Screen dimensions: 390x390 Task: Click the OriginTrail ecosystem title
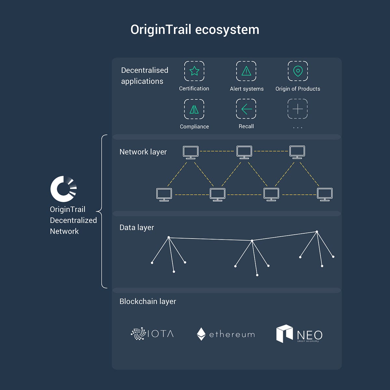pos(195,30)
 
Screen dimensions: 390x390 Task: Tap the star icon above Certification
pos(194,71)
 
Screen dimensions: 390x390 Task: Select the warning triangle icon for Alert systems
pos(246,71)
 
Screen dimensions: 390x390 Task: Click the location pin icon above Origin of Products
pos(298,71)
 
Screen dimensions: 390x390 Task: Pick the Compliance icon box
pos(194,109)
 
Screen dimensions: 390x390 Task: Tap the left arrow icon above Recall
pos(247,109)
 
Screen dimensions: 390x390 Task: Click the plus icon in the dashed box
pos(298,109)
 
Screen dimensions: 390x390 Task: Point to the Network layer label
pos(143,152)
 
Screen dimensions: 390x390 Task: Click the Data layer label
pos(136,227)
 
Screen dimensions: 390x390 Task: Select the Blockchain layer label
pos(148,301)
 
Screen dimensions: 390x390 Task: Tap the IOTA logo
pos(152,333)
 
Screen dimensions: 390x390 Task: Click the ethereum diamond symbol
pos(201,334)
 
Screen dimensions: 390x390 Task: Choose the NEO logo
pos(299,334)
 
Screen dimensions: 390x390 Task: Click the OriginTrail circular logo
pos(64,189)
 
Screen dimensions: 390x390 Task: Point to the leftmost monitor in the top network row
pos(191,152)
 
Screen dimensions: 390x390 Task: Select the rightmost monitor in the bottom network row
pos(325,194)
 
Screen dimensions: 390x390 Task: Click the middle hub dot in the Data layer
pos(252,240)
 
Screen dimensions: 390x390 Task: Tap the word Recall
pos(246,126)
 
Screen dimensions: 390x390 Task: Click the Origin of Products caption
pos(298,89)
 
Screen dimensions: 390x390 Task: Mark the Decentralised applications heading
pos(145,76)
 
